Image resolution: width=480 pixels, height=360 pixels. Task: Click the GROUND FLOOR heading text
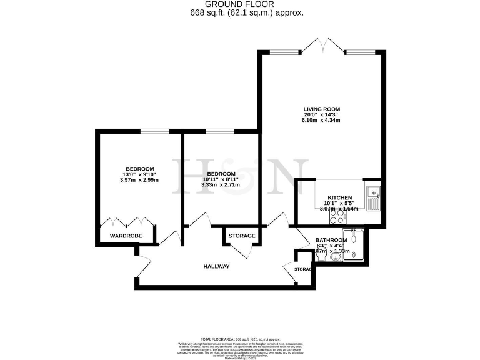[241, 4]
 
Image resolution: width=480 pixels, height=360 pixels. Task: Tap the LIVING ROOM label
[322, 108]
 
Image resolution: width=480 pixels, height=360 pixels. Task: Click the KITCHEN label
[340, 197]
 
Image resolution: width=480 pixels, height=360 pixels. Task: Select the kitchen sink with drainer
[373, 198]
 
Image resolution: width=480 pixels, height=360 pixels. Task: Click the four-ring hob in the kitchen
[338, 217]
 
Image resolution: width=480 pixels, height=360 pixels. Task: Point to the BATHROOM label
[331, 240]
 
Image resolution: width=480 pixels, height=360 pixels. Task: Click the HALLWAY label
[217, 267]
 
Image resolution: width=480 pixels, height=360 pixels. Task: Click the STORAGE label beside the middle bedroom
[241, 236]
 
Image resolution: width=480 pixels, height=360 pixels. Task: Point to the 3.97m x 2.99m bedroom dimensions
[140, 181]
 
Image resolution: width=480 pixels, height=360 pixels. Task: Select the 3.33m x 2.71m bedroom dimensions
[221, 185]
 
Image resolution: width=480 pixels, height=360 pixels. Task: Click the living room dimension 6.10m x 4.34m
[322, 120]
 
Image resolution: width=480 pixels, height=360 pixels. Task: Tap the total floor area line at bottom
[240, 337]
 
